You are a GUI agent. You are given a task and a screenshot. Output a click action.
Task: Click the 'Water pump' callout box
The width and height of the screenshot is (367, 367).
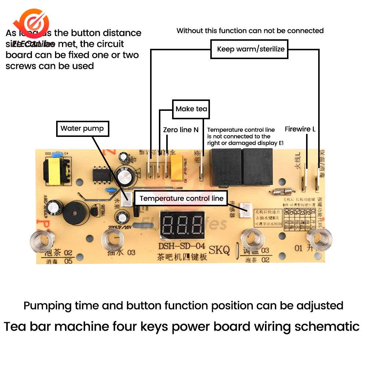pyautogui.click(x=82, y=128)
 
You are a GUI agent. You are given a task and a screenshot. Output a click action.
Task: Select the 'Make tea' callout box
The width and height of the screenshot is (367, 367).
pyautogui.click(x=191, y=109)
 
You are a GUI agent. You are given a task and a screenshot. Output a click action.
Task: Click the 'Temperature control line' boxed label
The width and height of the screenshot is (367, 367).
pyautogui.click(x=181, y=199)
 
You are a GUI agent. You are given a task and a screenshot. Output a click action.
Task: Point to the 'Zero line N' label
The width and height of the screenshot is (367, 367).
pyautogui.click(x=181, y=130)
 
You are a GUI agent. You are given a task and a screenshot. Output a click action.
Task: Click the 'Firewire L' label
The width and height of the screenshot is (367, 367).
pyautogui.click(x=300, y=129)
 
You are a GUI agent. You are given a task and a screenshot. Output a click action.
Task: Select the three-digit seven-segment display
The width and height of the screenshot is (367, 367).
pyautogui.click(x=182, y=225)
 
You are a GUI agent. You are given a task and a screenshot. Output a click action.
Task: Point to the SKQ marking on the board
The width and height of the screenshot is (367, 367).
pyautogui.click(x=219, y=251)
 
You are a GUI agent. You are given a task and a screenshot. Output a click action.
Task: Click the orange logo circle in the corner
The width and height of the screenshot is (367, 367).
pyautogui.click(x=34, y=23)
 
